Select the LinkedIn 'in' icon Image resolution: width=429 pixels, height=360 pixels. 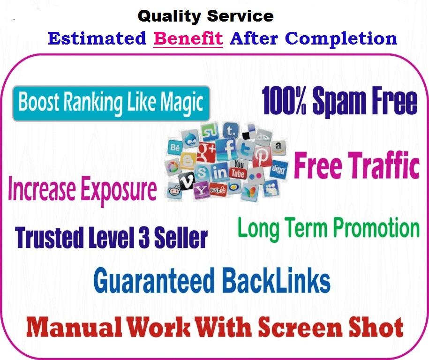click(x=219, y=172)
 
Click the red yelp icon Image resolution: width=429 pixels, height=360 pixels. click(x=218, y=189)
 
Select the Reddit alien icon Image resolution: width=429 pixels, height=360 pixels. click(x=174, y=190)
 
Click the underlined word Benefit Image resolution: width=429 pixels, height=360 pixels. click(x=188, y=38)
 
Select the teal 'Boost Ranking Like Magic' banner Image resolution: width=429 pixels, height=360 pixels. click(x=111, y=103)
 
